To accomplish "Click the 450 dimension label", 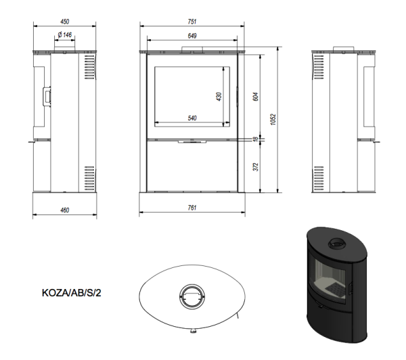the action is [65, 22].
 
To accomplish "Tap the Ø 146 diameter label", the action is [65, 35].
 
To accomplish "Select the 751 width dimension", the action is [192, 22].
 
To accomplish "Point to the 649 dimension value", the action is [192, 36].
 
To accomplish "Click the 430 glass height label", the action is [219, 97].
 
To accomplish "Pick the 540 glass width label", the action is [192, 118].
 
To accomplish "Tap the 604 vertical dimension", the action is [256, 97].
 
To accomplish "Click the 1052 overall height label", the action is [273, 119].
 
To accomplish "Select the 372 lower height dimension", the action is [256, 166].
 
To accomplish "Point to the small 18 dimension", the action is [256, 139].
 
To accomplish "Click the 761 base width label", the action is [192, 208].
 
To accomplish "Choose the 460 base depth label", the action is [65, 210].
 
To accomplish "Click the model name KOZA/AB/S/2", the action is [72, 293].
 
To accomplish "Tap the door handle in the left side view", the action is [47, 96].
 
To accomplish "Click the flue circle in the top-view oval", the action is [192, 297].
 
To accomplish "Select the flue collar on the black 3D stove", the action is [337, 244].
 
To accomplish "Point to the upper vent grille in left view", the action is [89, 67].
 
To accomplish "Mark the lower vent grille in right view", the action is [319, 179].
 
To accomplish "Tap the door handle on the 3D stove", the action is [351, 288].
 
